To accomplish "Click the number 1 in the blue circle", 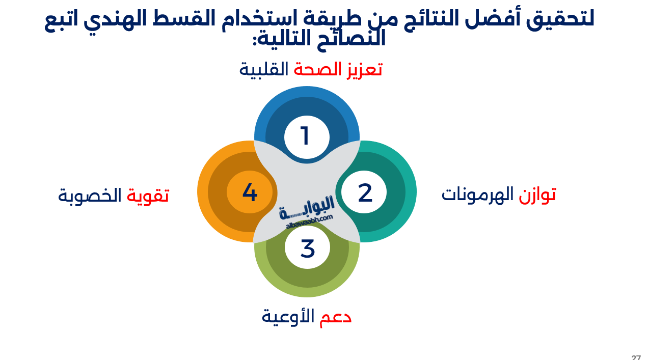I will pos(305,136).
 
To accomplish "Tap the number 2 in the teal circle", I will pos(365,193).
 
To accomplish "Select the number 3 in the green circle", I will pos(308,248).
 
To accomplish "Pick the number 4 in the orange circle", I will pos(250,192).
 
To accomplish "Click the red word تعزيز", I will pos(363,69).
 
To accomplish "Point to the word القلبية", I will pos(264,69).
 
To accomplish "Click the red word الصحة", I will pos(317,69).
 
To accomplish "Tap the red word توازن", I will pos(537,195).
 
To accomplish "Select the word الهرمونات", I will pos(478,195).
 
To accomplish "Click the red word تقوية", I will pos(148,195).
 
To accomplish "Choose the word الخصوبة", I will pos(90,195).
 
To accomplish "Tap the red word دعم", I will pos(336,317).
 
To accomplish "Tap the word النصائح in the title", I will pos(352,39).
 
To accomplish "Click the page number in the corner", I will pos(636,357).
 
